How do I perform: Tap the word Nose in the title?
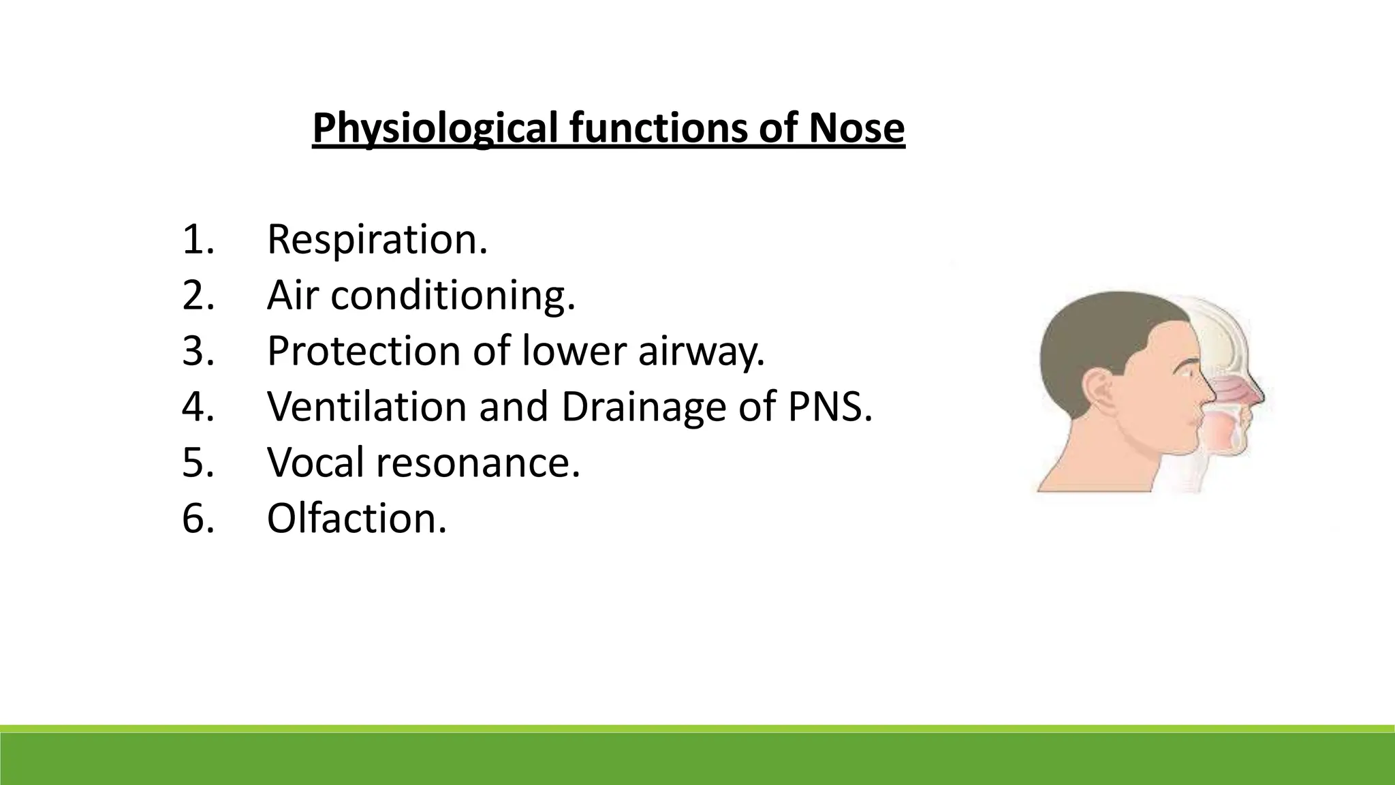pyautogui.click(x=856, y=128)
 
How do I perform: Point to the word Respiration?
pyautogui.click(x=377, y=240)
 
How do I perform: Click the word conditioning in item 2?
pyautogui.click(x=453, y=296)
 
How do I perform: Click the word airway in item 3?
pyautogui.click(x=700, y=352)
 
